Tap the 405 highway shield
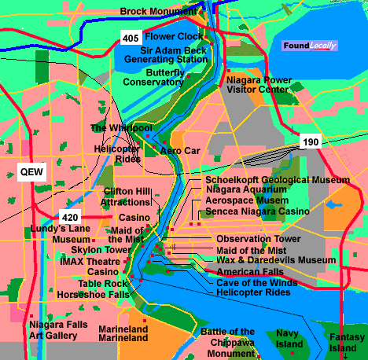(131, 37)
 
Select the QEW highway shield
(32, 171)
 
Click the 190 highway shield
(309, 141)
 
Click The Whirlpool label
(120, 127)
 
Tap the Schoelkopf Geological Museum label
(272, 180)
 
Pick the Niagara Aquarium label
(246, 189)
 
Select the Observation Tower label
(258, 238)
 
